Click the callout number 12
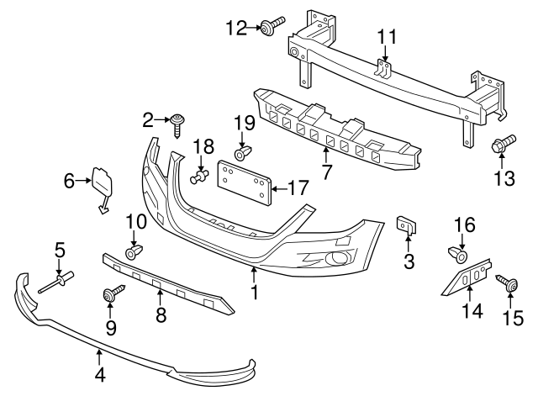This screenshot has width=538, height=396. (x=236, y=28)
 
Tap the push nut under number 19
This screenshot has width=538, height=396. (x=242, y=156)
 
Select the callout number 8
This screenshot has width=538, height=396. (x=161, y=315)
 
